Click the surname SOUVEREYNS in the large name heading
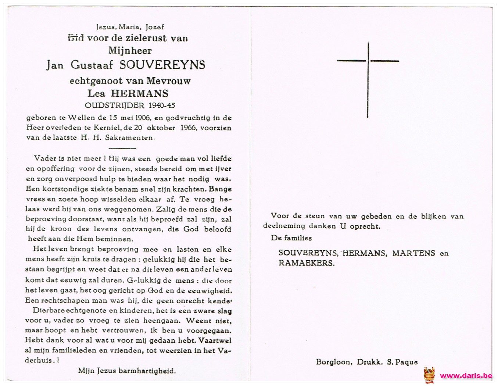(x=162, y=65)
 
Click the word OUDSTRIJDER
(x=115, y=106)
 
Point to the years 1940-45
(x=162, y=106)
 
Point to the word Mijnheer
(x=130, y=50)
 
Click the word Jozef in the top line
(x=155, y=27)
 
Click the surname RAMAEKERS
(x=307, y=263)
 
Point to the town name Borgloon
(x=333, y=362)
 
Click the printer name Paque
(x=406, y=362)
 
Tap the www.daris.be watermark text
(x=466, y=375)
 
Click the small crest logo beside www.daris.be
(x=429, y=375)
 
